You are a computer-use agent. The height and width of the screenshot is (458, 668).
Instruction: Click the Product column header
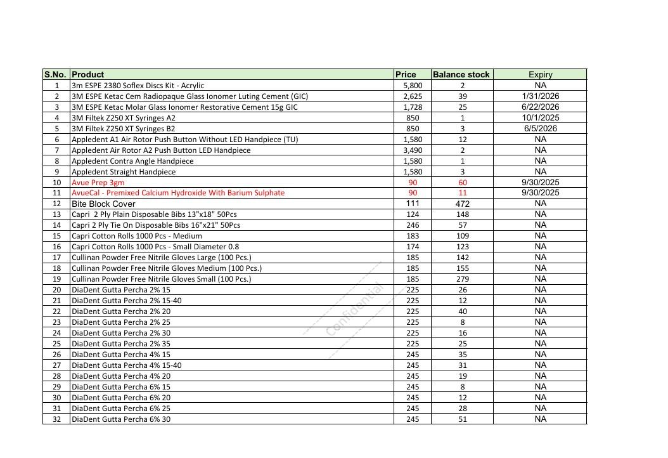[88, 74]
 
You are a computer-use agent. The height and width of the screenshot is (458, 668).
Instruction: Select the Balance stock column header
[461, 74]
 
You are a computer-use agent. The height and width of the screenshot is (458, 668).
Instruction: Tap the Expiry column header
[540, 74]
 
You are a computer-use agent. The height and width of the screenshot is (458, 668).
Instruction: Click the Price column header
[406, 74]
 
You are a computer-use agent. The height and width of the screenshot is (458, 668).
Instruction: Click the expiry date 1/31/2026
[540, 96]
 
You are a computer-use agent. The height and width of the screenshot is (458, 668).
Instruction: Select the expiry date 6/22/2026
[540, 107]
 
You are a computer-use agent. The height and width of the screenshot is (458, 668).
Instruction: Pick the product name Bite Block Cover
[103, 204]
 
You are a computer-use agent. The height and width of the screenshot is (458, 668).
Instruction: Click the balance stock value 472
[463, 204]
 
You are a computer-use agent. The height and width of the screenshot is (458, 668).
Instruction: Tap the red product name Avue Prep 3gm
[98, 182]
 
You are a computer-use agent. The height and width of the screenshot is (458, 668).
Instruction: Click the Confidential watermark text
[355, 310]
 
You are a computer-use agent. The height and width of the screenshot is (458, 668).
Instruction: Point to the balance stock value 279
[463, 279]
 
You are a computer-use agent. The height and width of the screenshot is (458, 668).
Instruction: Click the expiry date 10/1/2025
[540, 117]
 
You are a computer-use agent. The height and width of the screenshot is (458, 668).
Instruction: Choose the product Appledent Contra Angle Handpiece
[132, 161]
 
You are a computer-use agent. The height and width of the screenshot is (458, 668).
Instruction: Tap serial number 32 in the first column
[57, 419]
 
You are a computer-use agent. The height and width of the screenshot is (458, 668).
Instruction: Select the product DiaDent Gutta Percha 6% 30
[121, 419]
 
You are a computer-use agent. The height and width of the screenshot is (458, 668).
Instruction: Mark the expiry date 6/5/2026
[540, 128]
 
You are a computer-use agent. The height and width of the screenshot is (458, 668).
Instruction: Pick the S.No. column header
[56, 74]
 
